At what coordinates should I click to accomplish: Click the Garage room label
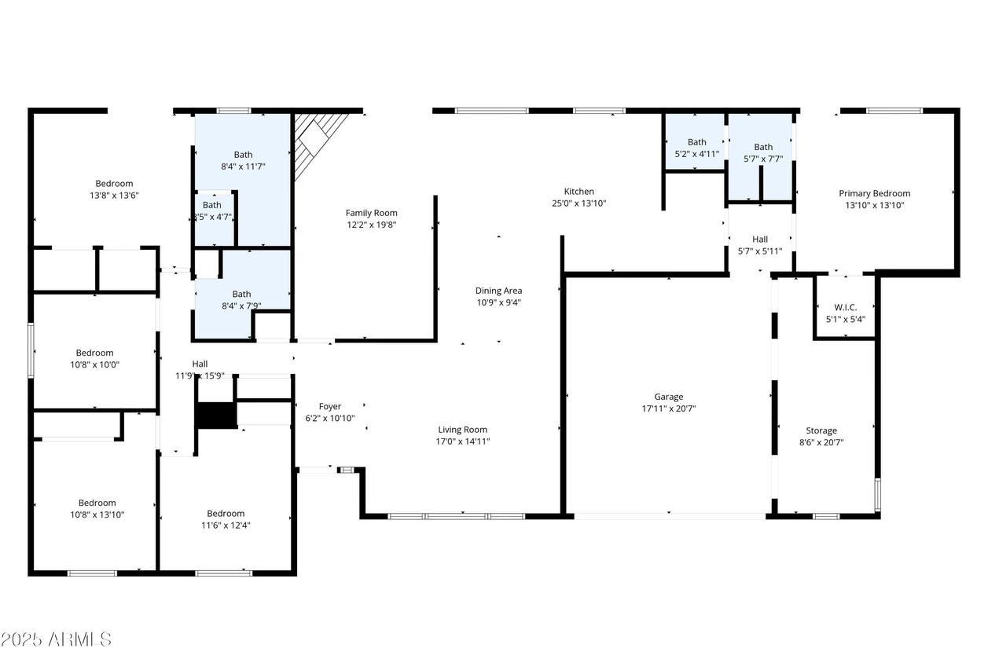pos(669,397)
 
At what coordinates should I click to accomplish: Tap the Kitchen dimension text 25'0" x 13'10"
pos(578,203)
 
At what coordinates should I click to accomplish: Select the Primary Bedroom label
pos(875,193)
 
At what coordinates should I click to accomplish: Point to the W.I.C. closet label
pos(846,307)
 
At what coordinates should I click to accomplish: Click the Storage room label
pos(821,430)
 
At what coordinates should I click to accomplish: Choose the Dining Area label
pos(499,291)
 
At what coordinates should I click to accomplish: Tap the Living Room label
pos(463,430)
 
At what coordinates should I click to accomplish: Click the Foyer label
pos(330,406)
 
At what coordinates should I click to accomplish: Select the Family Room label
pos(371,213)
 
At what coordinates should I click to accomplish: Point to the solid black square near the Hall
pos(216,416)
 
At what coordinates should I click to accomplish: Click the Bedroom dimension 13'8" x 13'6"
pos(114,196)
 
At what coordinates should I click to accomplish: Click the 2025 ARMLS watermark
pos(56,639)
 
